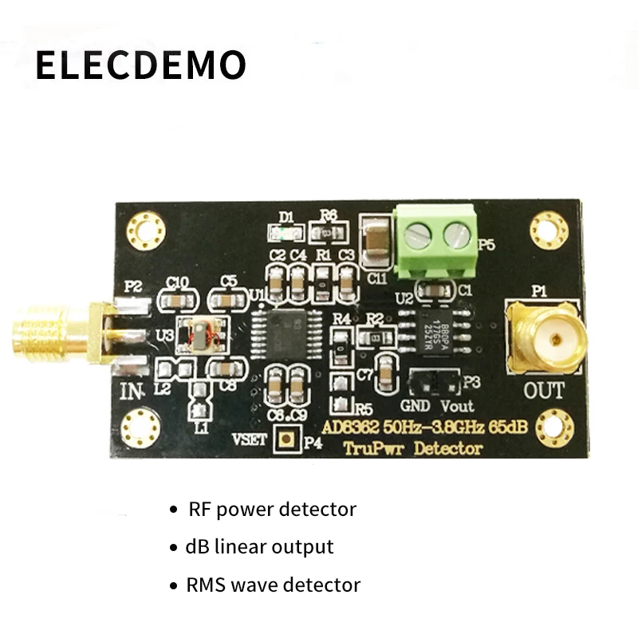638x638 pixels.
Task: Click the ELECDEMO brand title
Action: click(140, 65)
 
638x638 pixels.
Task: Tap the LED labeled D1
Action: click(285, 232)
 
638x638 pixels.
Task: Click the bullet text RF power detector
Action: click(272, 508)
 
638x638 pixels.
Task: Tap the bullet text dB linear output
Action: click(261, 547)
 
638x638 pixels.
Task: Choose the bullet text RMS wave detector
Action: click(274, 585)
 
